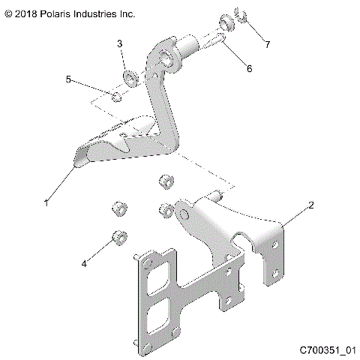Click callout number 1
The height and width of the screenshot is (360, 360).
tap(47, 202)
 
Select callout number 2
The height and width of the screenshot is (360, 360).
tap(310, 203)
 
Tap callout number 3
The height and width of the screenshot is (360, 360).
tap(120, 44)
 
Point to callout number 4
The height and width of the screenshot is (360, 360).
tap(85, 263)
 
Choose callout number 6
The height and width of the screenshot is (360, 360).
tap(249, 68)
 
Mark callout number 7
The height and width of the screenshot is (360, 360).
tap(267, 44)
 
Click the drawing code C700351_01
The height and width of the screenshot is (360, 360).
tap(327, 350)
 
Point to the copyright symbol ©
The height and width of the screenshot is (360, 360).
tap(8, 13)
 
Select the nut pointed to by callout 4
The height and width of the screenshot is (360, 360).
tap(118, 238)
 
